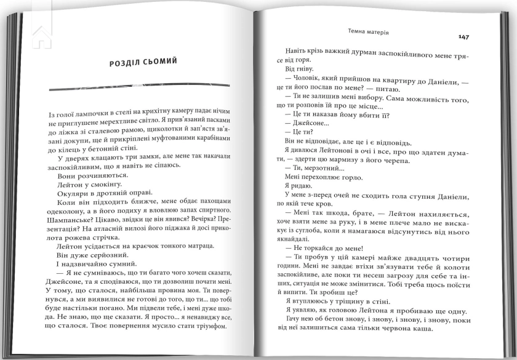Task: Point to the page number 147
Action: tap(464, 37)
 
